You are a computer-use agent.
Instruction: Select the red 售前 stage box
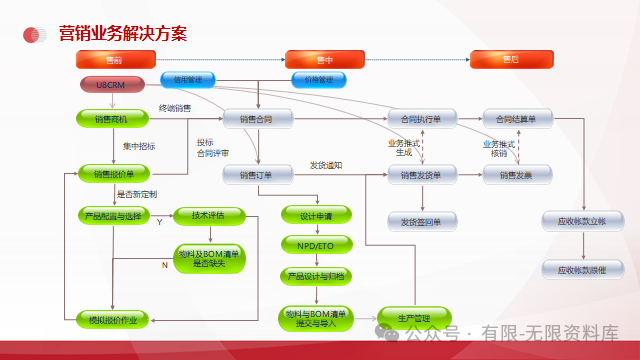[115, 60]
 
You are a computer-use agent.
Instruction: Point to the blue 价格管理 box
[319, 78]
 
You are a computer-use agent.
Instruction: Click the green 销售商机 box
[113, 118]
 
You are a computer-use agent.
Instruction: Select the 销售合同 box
[257, 118]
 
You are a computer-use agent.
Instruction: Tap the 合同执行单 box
[421, 118]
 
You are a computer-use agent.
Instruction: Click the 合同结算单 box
[516, 118]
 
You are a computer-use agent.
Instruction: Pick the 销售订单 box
[257, 175]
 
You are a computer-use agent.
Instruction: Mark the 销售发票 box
[516, 175]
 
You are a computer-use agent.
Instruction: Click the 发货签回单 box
[421, 221]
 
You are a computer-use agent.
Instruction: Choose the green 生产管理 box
[413, 319]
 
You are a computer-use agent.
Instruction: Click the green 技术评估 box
[207, 215]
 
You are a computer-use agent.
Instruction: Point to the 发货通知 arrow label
[326, 165]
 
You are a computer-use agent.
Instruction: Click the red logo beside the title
[36, 35]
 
